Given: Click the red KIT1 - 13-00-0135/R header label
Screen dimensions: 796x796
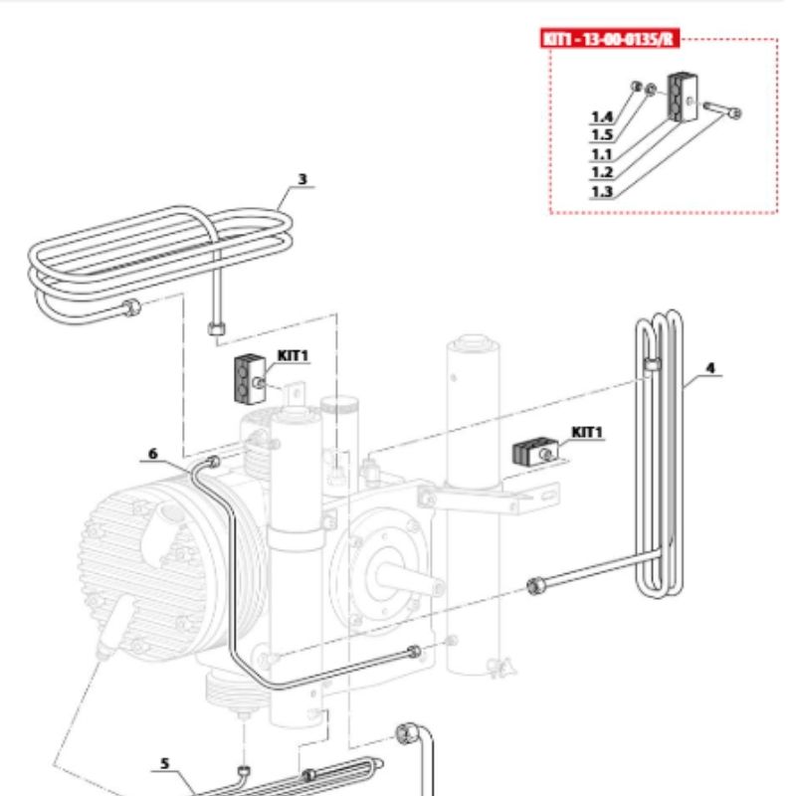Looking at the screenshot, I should pyautogui.click(x=608, y=39).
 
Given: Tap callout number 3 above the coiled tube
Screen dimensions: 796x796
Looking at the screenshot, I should pyautogui.click(x=302, y=180).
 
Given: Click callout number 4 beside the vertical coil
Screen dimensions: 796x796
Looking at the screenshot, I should pyautogui.click(x=710, y=367).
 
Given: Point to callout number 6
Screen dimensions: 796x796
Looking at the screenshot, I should pyautogui.click(x=153, y=453).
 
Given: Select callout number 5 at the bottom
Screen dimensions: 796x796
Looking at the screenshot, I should pyautogui.click(x=165, y=764).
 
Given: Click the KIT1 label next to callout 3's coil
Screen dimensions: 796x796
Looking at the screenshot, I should pyautogui.click(x=294, y=355).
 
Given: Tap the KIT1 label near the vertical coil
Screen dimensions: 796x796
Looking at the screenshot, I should pyautogui.click(x=588, y=432).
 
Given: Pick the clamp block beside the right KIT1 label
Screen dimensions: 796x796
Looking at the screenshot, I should pyautogui.click(x=529, y=453).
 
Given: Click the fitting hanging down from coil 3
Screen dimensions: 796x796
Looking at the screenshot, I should pyautogui.click(x=216, y=328).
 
